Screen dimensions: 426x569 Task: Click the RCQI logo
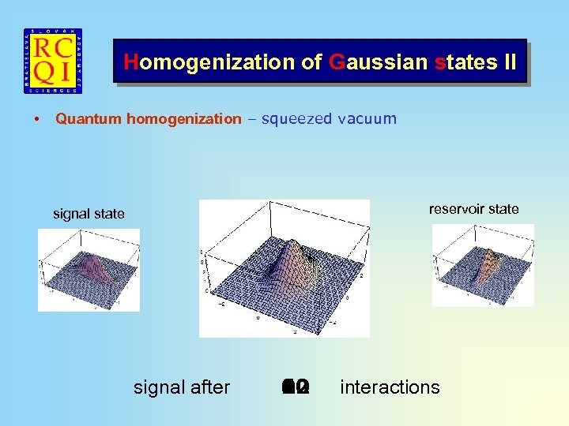(x=53, y=62)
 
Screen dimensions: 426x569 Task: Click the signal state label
(x=89, y=214)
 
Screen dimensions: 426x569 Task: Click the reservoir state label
(x=473, y=209)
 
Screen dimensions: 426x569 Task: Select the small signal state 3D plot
(x=89, y=270)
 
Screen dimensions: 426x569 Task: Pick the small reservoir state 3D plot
(x=483, y=265)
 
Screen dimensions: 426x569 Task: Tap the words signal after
(x=182, y=387)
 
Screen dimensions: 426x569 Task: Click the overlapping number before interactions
(x=296, y=387)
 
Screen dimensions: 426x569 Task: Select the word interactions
(x=390, y=387)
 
